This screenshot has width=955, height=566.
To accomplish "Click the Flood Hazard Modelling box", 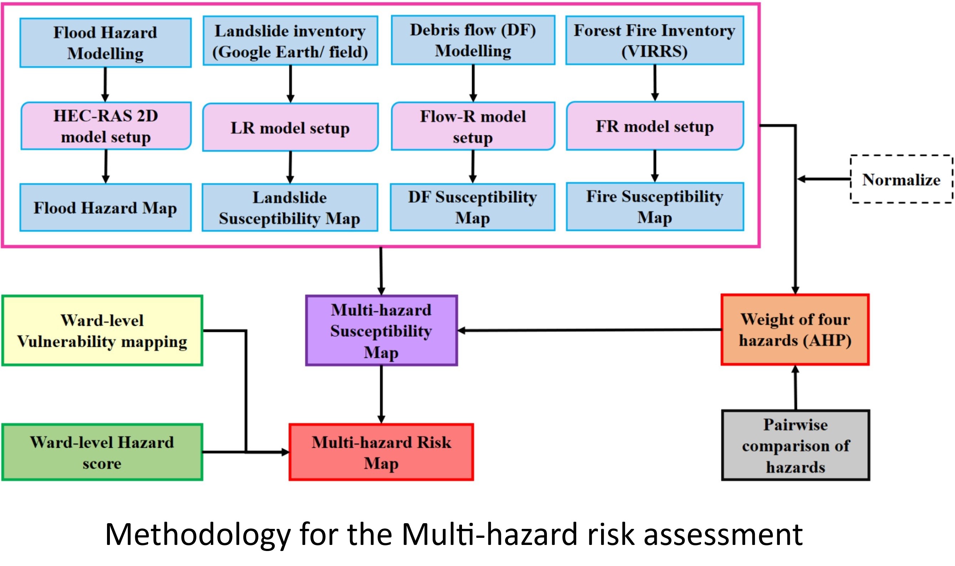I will pos(105,43).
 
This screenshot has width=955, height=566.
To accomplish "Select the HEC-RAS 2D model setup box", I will pos(106,126).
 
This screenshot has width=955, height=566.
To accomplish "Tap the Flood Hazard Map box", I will pos(105,207).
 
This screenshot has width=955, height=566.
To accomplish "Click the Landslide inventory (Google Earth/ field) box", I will pos(290,41).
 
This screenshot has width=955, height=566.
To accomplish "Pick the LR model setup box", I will pos(290,127).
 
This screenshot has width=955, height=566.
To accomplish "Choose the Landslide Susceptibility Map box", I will pos(290,207).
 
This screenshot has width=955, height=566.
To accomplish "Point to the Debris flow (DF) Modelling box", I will pos(473,40).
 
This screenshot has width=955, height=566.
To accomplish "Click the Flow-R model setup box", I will pos(473,126).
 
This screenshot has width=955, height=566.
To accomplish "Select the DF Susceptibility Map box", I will pos(472,207).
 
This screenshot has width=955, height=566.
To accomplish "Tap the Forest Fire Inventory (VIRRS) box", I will pos(655,40).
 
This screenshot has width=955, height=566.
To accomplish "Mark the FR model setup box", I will pos(655,126).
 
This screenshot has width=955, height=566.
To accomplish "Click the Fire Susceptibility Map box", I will pos(655,207).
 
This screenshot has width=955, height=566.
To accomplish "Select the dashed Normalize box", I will pos(901,179).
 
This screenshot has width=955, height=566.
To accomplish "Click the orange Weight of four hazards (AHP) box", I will pos(795,329).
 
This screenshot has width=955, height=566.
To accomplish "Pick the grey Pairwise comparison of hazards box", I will pos(795,445).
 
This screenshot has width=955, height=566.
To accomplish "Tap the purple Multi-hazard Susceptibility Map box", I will pos(381,331).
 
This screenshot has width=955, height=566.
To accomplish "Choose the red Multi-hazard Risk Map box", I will pos(381,453).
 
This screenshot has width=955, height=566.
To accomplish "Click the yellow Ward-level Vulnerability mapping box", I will pos(102,331).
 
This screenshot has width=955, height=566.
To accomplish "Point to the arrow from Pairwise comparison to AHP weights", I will pos(795,388).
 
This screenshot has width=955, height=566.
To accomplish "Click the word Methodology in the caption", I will pos(198,534).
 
